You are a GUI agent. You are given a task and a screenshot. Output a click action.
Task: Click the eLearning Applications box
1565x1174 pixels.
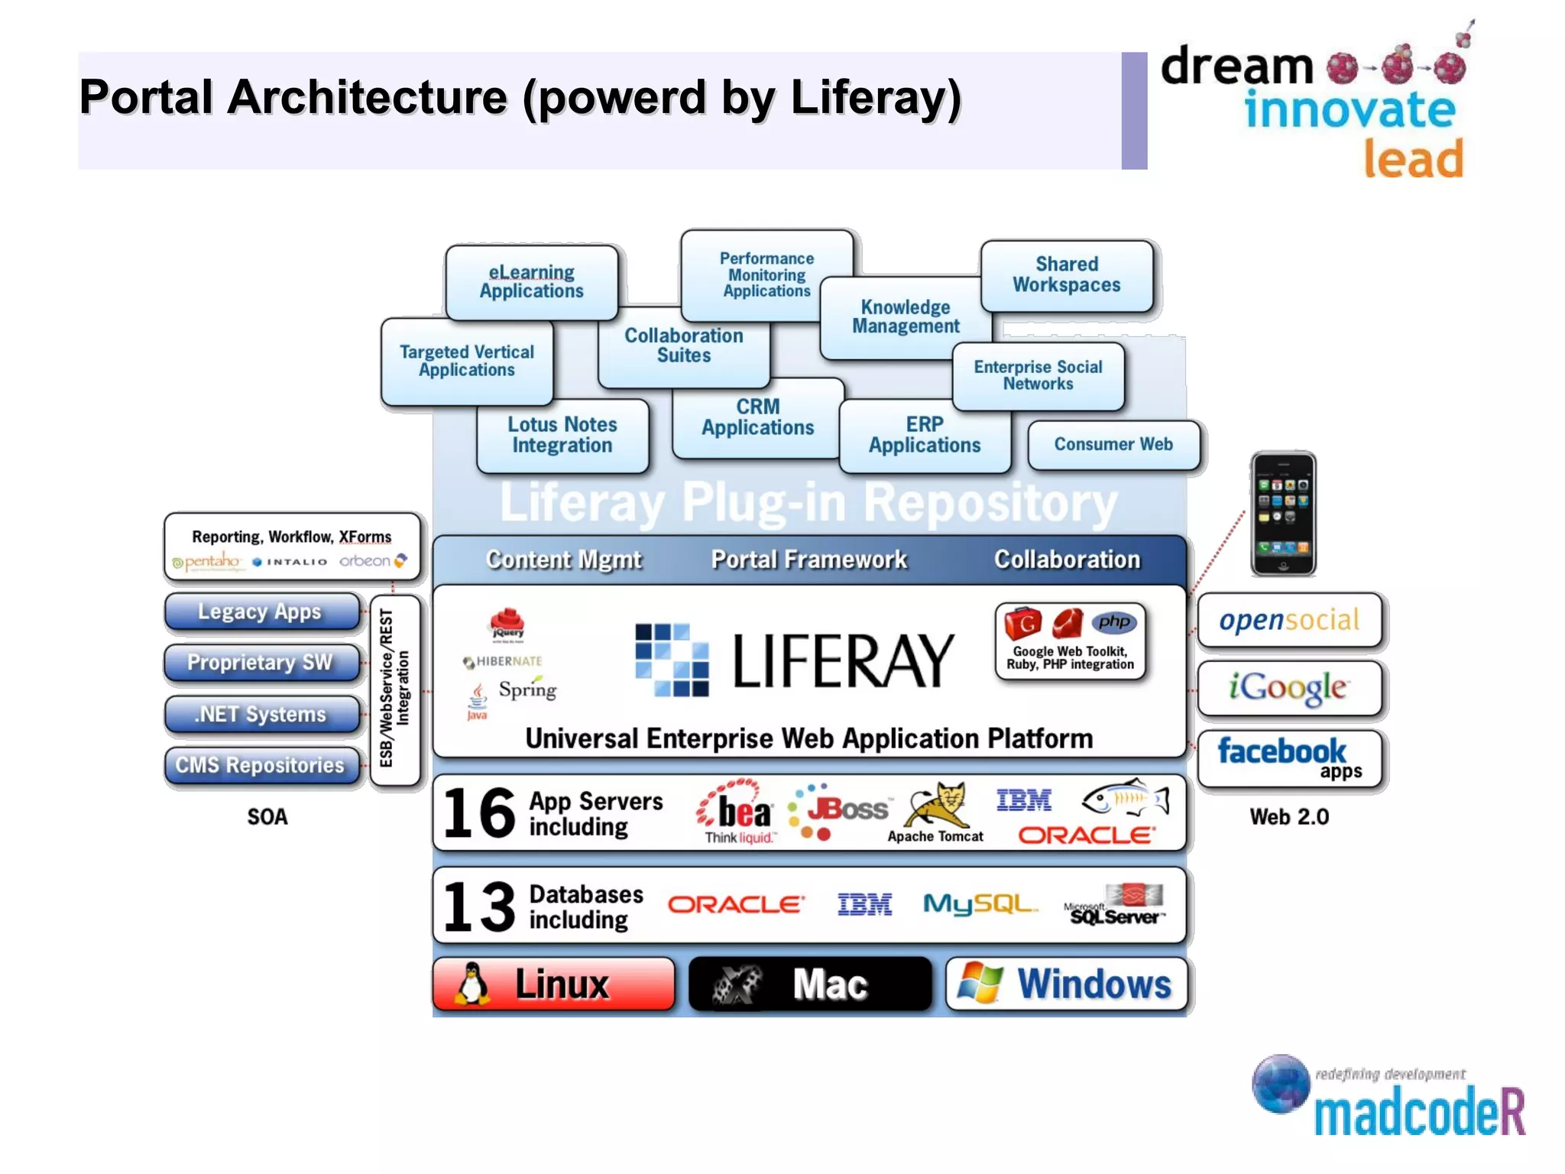point(532,281)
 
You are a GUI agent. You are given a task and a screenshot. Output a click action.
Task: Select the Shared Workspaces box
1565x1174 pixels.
point(1067,275)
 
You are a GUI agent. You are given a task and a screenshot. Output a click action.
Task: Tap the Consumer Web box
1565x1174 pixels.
point(1113,444)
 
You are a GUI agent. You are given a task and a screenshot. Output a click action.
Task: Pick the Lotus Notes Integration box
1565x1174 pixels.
point(562,435)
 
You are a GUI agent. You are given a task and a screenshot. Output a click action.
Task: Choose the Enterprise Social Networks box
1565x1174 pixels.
point(1038,375)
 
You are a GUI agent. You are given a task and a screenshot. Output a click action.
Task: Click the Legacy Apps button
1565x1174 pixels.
point(261,611)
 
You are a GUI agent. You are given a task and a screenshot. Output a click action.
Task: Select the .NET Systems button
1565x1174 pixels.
point(261,714)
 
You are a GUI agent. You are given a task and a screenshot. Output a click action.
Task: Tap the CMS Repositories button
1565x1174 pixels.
point(261,765)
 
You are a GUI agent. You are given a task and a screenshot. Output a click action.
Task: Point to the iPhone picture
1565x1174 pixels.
point(1283,513)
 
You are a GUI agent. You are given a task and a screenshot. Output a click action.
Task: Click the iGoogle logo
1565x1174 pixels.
point(1289,687)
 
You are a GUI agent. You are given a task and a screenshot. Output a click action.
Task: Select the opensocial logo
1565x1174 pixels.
point(1289,620)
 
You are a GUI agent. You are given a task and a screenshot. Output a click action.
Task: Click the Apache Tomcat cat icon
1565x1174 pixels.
point(939,804)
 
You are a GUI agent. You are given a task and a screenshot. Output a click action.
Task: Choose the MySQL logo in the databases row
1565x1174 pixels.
point(980,904)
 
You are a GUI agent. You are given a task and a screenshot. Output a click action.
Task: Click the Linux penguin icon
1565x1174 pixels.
point(472,984)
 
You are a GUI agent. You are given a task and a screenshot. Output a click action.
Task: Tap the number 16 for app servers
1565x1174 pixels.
point(479,812)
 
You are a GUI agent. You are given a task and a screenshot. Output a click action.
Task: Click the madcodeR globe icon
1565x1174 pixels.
point(1281,1083)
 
